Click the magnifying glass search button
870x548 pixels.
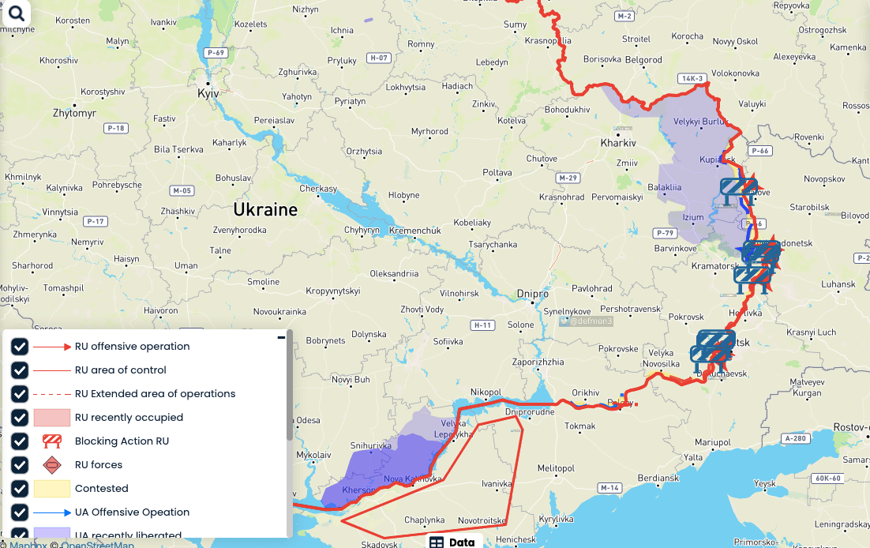16,13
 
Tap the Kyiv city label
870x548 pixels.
208,93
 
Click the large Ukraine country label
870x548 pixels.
264,209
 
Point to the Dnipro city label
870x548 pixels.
533,293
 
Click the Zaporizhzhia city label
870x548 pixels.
538,362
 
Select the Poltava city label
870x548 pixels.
497,172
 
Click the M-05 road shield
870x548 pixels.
182,190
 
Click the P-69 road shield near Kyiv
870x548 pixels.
216,52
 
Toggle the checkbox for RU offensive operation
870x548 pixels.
20,347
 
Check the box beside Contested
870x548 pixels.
20,489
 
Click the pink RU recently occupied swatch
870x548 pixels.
52,418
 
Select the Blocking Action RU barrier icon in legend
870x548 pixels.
52,441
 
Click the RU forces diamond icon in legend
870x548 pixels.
52,465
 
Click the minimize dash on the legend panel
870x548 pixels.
281,338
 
